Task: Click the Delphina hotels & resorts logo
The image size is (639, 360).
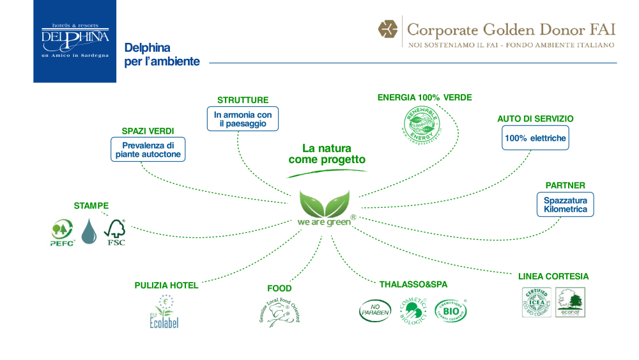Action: pyautogui.click(x=75, y=42)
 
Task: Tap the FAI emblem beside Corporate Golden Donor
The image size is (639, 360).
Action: pyautogui.click(x=387, y=29)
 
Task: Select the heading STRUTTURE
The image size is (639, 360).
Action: pyautogui.click(x=243, y=100)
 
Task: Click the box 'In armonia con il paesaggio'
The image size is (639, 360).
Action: pyautogui.click(x=243, y=119)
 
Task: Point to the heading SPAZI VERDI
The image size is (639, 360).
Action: pyautogui.click(x=148, y=131)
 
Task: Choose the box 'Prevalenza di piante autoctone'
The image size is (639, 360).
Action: pyautogui.click(x=148, y=150)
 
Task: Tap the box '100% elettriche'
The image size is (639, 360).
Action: pyautogui.click(x=535, y=138)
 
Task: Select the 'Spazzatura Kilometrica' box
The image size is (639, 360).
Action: pyautogui.click(x=565, y=205)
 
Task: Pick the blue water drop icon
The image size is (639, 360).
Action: pyautogui.click(x=90, y=231)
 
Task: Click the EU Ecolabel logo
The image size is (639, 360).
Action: pyautogui.click(x=165, y=311)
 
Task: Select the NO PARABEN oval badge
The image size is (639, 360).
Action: pyautogui.click(x=375, y=311)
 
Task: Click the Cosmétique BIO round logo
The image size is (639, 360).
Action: pyautogui.click(x=450, y=311)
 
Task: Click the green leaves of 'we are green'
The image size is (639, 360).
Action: pyautogui.click(x=325, y=203)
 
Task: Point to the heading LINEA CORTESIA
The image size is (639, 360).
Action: pyautogui.click(x=553, y=277)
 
